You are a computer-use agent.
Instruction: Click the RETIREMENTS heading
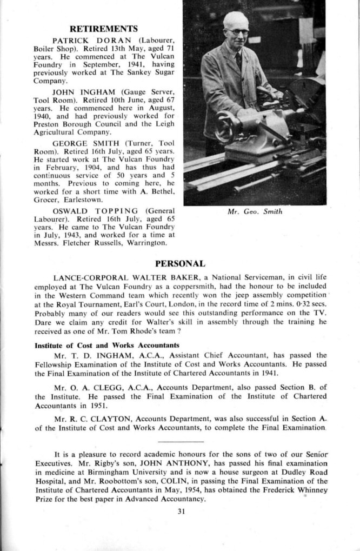(104, 29)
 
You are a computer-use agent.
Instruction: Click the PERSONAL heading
(180, 264)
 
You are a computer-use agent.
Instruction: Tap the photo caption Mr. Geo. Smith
(256, 212)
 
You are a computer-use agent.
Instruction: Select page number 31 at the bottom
(181, 514)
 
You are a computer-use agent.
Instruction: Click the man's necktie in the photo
(238, 59)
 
